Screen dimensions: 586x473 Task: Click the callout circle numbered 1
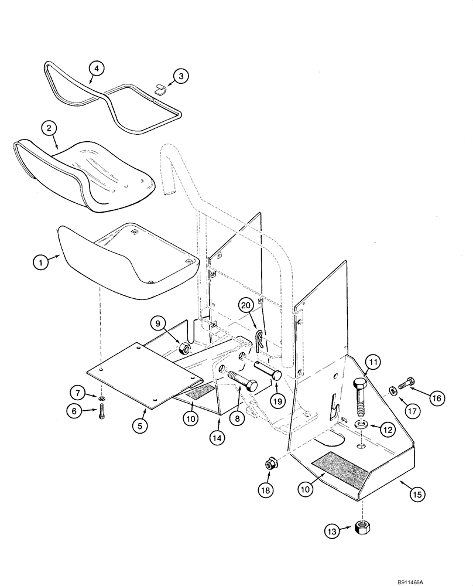pos(40,263)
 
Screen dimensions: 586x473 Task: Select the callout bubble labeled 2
pos(49,128)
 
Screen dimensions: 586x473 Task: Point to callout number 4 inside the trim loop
pos(97,69)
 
